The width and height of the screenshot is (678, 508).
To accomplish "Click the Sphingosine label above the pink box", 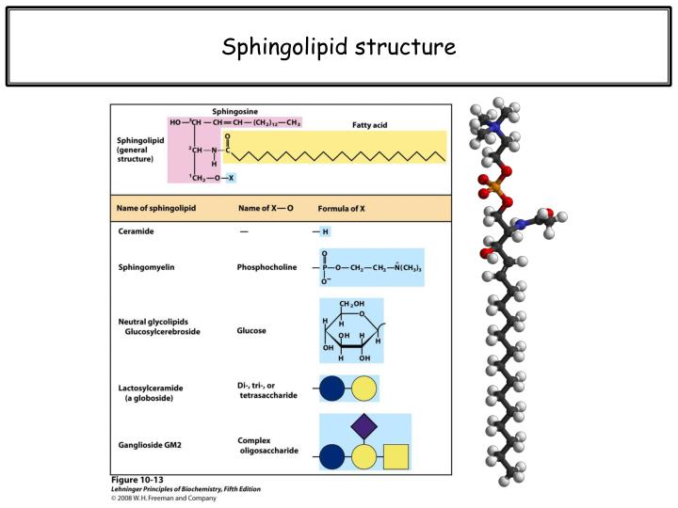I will (235, 110).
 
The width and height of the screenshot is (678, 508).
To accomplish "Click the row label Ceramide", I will (136, 231).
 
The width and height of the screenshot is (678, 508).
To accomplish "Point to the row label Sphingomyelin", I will (146, 267).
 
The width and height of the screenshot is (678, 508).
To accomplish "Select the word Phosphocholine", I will (266, 267).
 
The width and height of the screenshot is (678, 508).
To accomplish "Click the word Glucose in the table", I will (251, 331).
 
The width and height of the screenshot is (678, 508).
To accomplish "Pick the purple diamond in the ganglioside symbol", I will (364, 426).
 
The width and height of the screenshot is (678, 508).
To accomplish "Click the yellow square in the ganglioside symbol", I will (395, 457).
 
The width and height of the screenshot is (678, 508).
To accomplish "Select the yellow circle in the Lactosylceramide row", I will (363, 388).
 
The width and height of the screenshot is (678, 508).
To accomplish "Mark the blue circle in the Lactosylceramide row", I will (332, 388).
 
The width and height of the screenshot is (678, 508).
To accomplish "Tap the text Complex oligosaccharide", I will (268, 445).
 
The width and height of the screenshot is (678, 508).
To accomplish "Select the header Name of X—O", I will (266, 207).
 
